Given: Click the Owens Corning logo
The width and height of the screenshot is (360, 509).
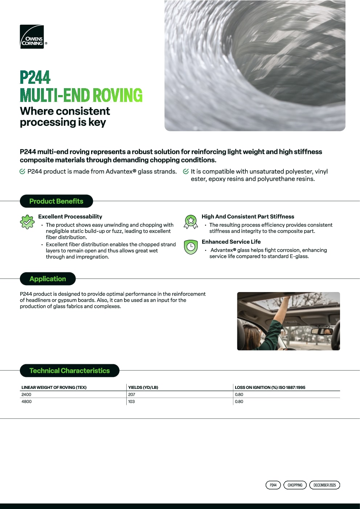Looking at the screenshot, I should coord(32,37).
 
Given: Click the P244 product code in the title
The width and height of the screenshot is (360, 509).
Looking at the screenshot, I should coord(35,78).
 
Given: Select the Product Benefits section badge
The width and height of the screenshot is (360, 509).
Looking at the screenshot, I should coord(56,201).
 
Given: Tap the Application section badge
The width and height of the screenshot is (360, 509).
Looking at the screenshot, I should coord(48,279).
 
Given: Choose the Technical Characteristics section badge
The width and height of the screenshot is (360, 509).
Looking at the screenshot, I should coord(69,371).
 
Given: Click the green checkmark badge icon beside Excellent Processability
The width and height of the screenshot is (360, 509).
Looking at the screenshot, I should coord(27,222).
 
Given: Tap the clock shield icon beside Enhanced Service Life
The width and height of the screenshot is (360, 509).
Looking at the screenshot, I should coord(191,247).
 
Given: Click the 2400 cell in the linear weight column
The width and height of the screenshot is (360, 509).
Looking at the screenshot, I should coord(26,395).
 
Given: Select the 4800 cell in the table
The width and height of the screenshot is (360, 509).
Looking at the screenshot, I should coord(26,402).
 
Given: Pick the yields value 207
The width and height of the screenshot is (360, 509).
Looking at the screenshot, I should coord(132,395).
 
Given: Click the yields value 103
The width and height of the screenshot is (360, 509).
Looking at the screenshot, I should coord(131,402).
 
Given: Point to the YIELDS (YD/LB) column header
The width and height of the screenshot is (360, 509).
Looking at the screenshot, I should coord(143,387).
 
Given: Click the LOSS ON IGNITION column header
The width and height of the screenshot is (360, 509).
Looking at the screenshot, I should coord(270,387).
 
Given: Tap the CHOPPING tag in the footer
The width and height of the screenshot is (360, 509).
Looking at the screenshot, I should coord(295,485).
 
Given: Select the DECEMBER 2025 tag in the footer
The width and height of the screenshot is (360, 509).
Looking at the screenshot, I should coord(324,485).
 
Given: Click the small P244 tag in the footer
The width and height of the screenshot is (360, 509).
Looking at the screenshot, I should coord(273,485).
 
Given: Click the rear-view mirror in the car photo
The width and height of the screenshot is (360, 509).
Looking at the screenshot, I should coord(322,331).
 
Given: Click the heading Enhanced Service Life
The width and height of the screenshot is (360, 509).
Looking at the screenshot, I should coord(231,242).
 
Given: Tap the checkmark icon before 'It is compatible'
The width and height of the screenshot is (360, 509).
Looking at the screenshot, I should coord(186,172).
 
